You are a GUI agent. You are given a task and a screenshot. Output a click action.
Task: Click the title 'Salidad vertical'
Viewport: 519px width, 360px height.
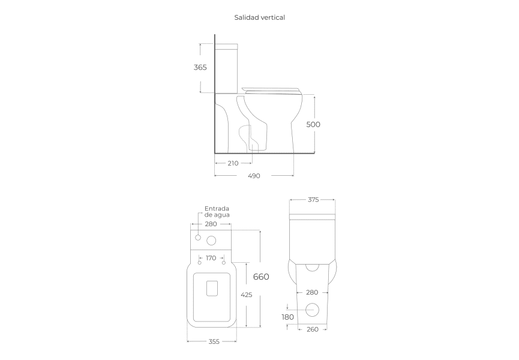tap(259, 17)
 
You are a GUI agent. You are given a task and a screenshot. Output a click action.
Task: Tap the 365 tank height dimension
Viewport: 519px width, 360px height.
tap(200, 67)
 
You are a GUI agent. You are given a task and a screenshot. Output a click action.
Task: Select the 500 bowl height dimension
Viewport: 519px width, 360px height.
tap(313, 124)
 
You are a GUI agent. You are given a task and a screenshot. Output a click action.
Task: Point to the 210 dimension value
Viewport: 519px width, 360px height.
tap(233, 163)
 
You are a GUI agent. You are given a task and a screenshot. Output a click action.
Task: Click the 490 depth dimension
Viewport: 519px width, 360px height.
tap(254, 176)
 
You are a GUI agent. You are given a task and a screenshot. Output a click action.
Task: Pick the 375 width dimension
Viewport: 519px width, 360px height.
tap(313, 200)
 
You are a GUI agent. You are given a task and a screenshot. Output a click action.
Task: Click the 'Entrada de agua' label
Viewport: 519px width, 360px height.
tap(217, 211)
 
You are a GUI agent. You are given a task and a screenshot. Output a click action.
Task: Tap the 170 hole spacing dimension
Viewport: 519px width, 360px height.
tap(211, 258)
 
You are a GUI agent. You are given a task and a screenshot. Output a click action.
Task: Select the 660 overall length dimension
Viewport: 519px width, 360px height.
tap(261, 277)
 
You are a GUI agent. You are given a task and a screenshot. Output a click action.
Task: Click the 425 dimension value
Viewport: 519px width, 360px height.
tap(247, 295)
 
